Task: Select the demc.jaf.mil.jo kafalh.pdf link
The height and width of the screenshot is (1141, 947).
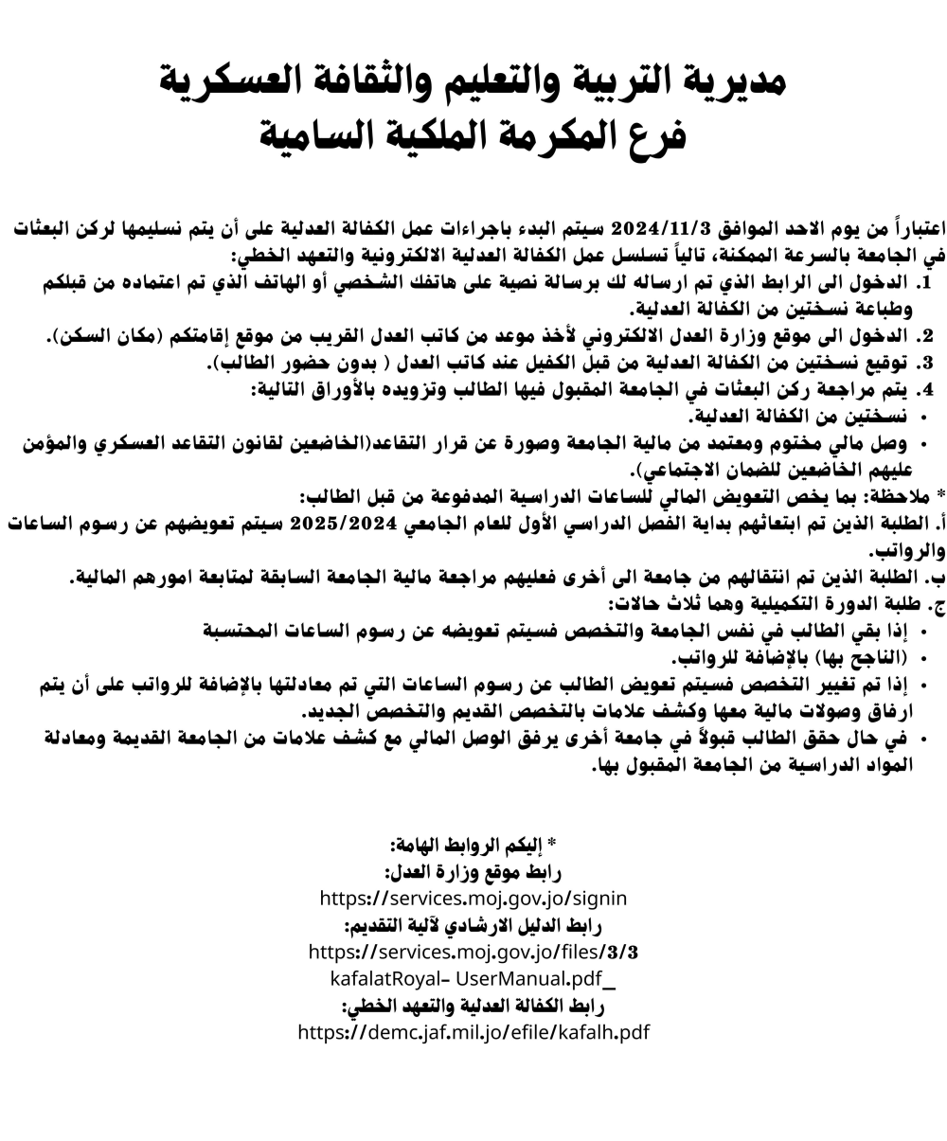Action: tap(473, 1031)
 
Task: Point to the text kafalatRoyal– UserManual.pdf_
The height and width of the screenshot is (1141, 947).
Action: tap(473, 976)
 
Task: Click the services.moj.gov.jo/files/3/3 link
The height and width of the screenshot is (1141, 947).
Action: tap(473, 950)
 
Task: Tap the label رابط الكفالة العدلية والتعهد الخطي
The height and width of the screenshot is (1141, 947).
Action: tap(473, 1005)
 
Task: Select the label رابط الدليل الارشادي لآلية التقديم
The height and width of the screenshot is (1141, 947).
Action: tap(473, 923)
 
